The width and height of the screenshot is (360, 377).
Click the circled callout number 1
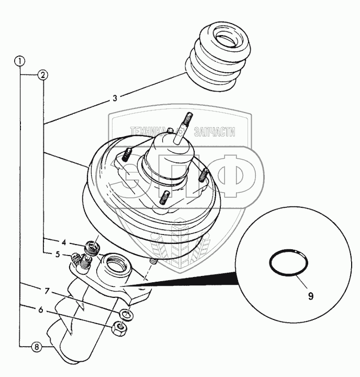pos(20,61)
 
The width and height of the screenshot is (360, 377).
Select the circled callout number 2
pos(43,75)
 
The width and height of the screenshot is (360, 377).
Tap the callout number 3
pos(115,97)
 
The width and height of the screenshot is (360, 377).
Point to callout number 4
pos(63,242)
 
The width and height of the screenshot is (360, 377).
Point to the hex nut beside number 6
pos(120,329)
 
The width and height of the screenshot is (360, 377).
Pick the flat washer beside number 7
pos(126,314)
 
